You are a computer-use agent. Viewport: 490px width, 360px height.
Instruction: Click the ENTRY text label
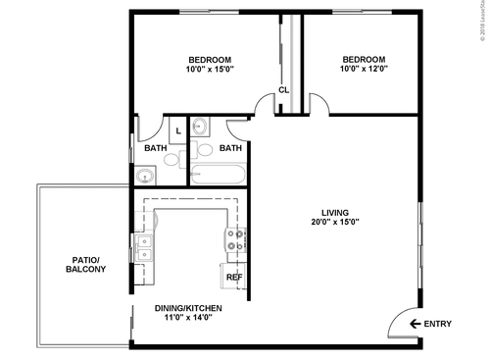(439, 324)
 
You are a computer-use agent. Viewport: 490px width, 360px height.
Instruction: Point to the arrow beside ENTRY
(416, 324)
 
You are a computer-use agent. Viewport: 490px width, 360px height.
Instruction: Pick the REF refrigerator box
(234, 277)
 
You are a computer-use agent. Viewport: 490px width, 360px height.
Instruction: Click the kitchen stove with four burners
(235, 241)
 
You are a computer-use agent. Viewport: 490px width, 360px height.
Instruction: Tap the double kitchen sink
(145, 247)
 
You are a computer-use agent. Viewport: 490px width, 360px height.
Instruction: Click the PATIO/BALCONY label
(86, 264)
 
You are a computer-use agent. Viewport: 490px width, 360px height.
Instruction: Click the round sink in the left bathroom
(145, 177)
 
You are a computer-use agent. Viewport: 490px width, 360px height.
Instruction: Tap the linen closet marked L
(177, 129)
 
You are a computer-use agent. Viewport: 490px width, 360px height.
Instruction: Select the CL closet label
(283, 89)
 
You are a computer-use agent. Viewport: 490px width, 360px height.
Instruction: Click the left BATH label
(156, 149)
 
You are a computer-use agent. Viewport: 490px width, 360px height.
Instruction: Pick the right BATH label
(230, 149)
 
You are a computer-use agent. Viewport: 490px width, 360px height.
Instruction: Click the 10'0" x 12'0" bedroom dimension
(363, 69)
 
